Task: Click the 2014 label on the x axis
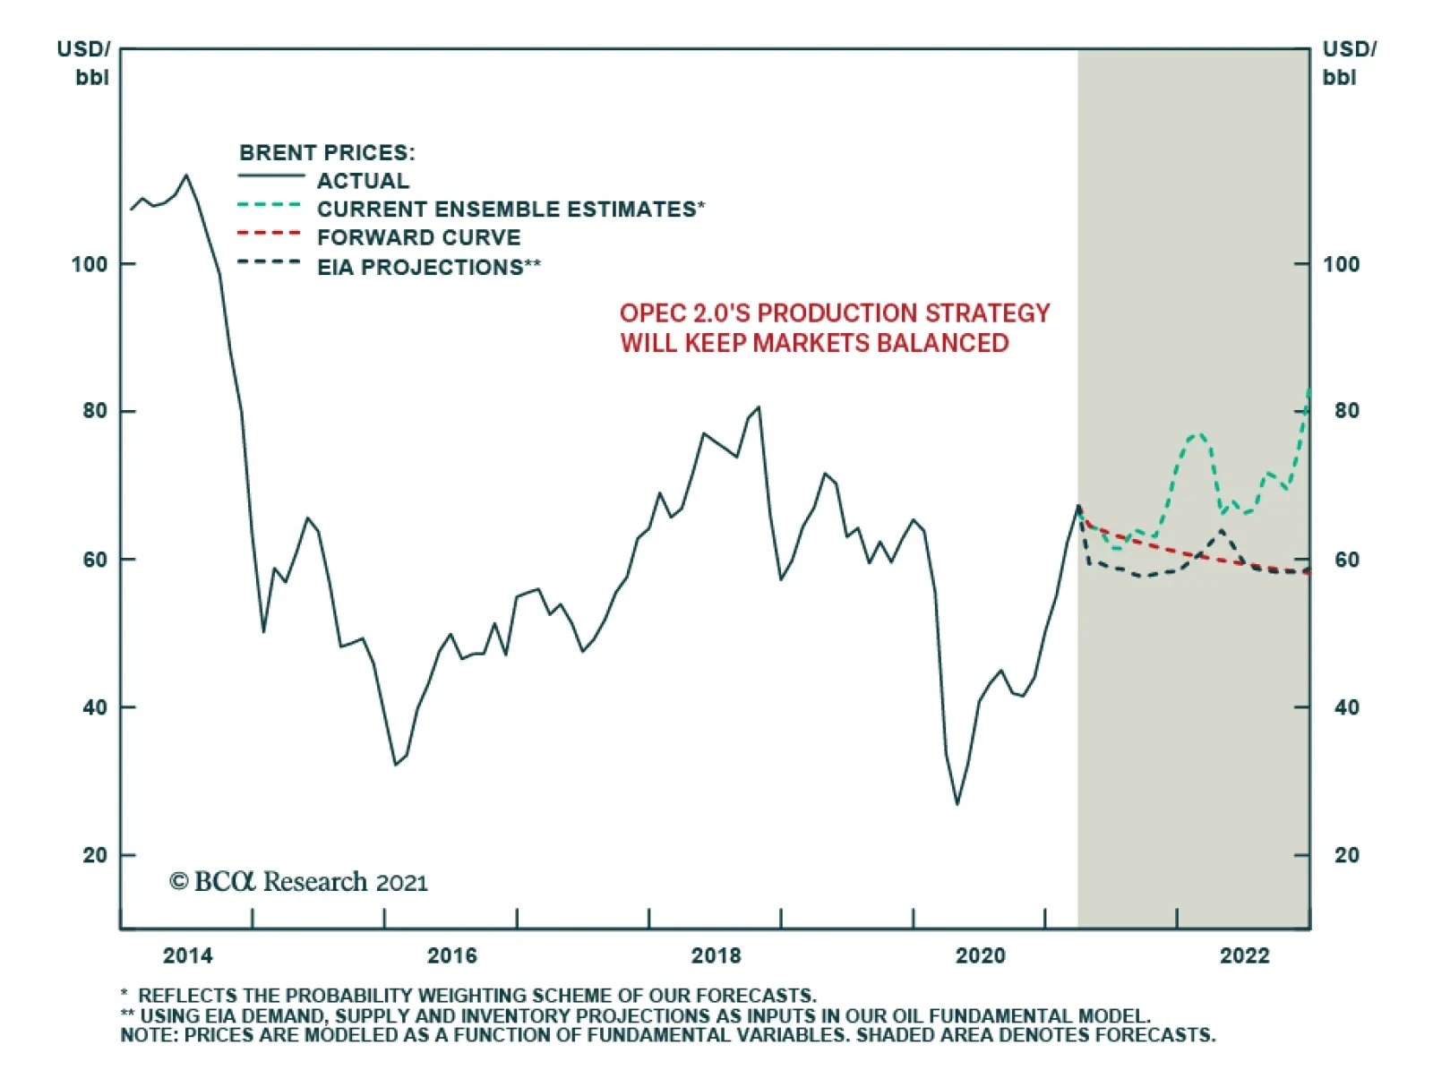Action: (187, 955)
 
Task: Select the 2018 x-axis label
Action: (716, 955)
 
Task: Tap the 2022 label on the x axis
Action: (1244, 955)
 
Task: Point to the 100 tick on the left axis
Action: (90, 264)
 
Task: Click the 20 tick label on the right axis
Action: (1346, 855)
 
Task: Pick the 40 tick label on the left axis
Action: (95, 707)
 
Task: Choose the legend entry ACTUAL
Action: (363, 181)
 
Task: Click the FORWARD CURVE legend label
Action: (418, 237)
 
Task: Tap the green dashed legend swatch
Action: (269, 205)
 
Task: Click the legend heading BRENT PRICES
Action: (327, 152)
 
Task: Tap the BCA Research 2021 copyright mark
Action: (298, 882)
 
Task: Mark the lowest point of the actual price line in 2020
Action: (957, 804)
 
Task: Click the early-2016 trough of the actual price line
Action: (395, 765)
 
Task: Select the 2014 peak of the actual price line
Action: (186, 175)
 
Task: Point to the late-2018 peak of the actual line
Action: (759, 407)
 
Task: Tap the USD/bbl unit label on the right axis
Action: (1349, 63)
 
